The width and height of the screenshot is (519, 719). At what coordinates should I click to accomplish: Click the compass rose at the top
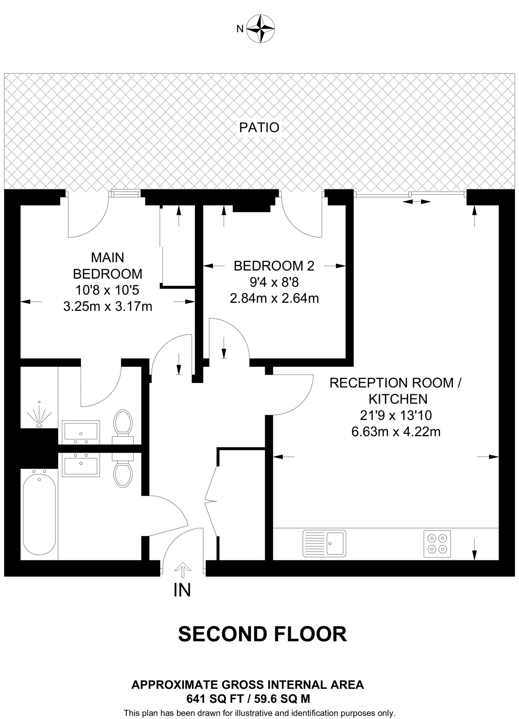click(260, 29)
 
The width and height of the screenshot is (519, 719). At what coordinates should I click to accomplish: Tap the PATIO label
click(259, 127)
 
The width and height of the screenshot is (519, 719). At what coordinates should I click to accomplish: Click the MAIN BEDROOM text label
click(108, 265)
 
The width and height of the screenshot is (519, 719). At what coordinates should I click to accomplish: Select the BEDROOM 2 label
click(274, 266)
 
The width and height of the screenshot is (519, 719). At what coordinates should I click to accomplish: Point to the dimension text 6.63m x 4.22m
click(396, 431)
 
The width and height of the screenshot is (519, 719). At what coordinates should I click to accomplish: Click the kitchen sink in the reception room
click(324, 543)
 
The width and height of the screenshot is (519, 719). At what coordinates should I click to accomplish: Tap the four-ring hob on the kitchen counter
click(437, 543)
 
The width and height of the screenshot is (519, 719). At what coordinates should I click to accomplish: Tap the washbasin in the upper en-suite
click(81, 431)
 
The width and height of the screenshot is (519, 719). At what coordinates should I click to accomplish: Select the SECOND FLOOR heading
click(262, 634)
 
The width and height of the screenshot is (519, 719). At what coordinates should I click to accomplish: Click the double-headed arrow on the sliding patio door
click(417, 202)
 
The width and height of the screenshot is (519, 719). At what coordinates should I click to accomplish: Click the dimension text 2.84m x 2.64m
click(274, 298)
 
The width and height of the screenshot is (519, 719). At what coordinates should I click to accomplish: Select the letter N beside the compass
click(240, 29)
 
